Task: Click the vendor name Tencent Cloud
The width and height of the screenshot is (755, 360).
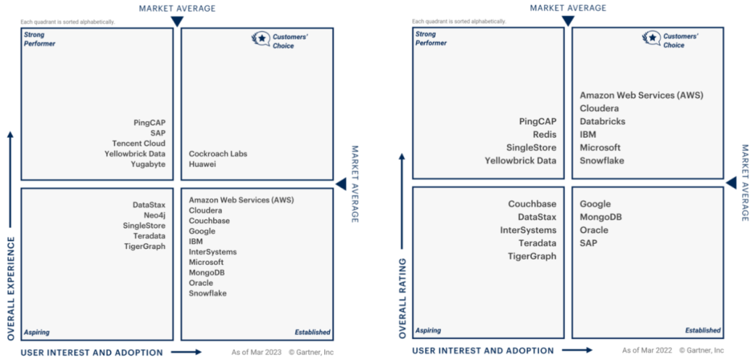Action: [x=138, y=143]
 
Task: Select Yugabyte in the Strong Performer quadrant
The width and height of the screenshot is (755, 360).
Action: [x=148, y=164]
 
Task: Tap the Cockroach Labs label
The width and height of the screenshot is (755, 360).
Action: [x=218, y=154]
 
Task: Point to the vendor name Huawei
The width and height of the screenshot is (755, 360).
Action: [x=203, y=164]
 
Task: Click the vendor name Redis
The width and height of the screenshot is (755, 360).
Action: [x=545, y=134]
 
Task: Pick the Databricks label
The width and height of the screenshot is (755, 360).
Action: [x=603, y=122]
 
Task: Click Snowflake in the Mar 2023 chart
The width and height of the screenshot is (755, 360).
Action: [x=208, y=294]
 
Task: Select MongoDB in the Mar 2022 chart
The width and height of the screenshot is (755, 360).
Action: [x=601, y=217]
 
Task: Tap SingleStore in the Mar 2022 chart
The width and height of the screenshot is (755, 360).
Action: [x=531, y=147]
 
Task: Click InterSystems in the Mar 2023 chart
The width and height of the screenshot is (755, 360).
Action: [x=213, y=252]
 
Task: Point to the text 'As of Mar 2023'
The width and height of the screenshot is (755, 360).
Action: [x=257, y=352]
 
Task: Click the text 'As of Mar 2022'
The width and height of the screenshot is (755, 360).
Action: [x=647, y=350]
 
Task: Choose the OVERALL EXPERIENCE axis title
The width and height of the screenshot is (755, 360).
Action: [x=11, y=288]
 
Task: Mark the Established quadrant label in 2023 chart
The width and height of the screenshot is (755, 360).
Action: [x=312, y=333]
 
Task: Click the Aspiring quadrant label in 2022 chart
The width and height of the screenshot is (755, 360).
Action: [x=429, y=331]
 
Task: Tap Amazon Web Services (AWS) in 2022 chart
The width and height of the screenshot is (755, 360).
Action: [x=641, y=95]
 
